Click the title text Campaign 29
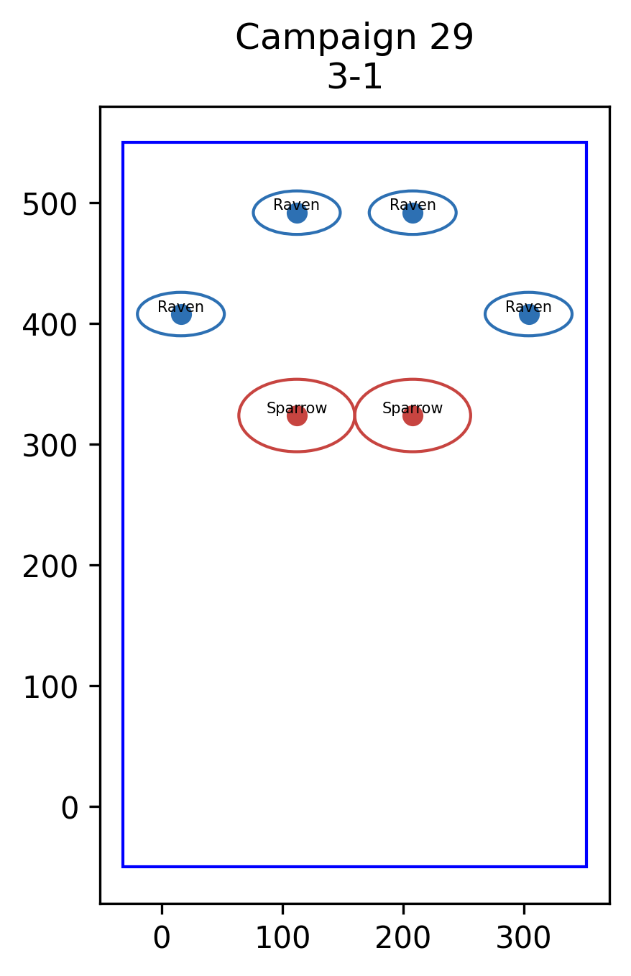click(x=354, y=38)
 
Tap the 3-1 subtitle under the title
click(x=355, y=77)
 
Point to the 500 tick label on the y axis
click(x=50, y=204)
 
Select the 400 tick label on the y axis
click(x=50, y=325)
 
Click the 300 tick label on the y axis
click(x=50, y=446)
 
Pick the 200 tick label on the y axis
click(x=50, y=567)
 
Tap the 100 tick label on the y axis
click(x=50, y=688)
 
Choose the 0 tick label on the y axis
click(x=70, y=809)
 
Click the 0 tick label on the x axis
click(x=162, y=938)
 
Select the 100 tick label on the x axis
click(x=282, y=938)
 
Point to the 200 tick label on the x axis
click(x=403, y=938)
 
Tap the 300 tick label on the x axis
click(x=524, y=938)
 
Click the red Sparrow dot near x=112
click(x=298, y=416)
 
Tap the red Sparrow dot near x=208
click(x=413, y=416)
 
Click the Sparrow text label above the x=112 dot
click(x=297, y=408)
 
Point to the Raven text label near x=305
click(x=529, y=307)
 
